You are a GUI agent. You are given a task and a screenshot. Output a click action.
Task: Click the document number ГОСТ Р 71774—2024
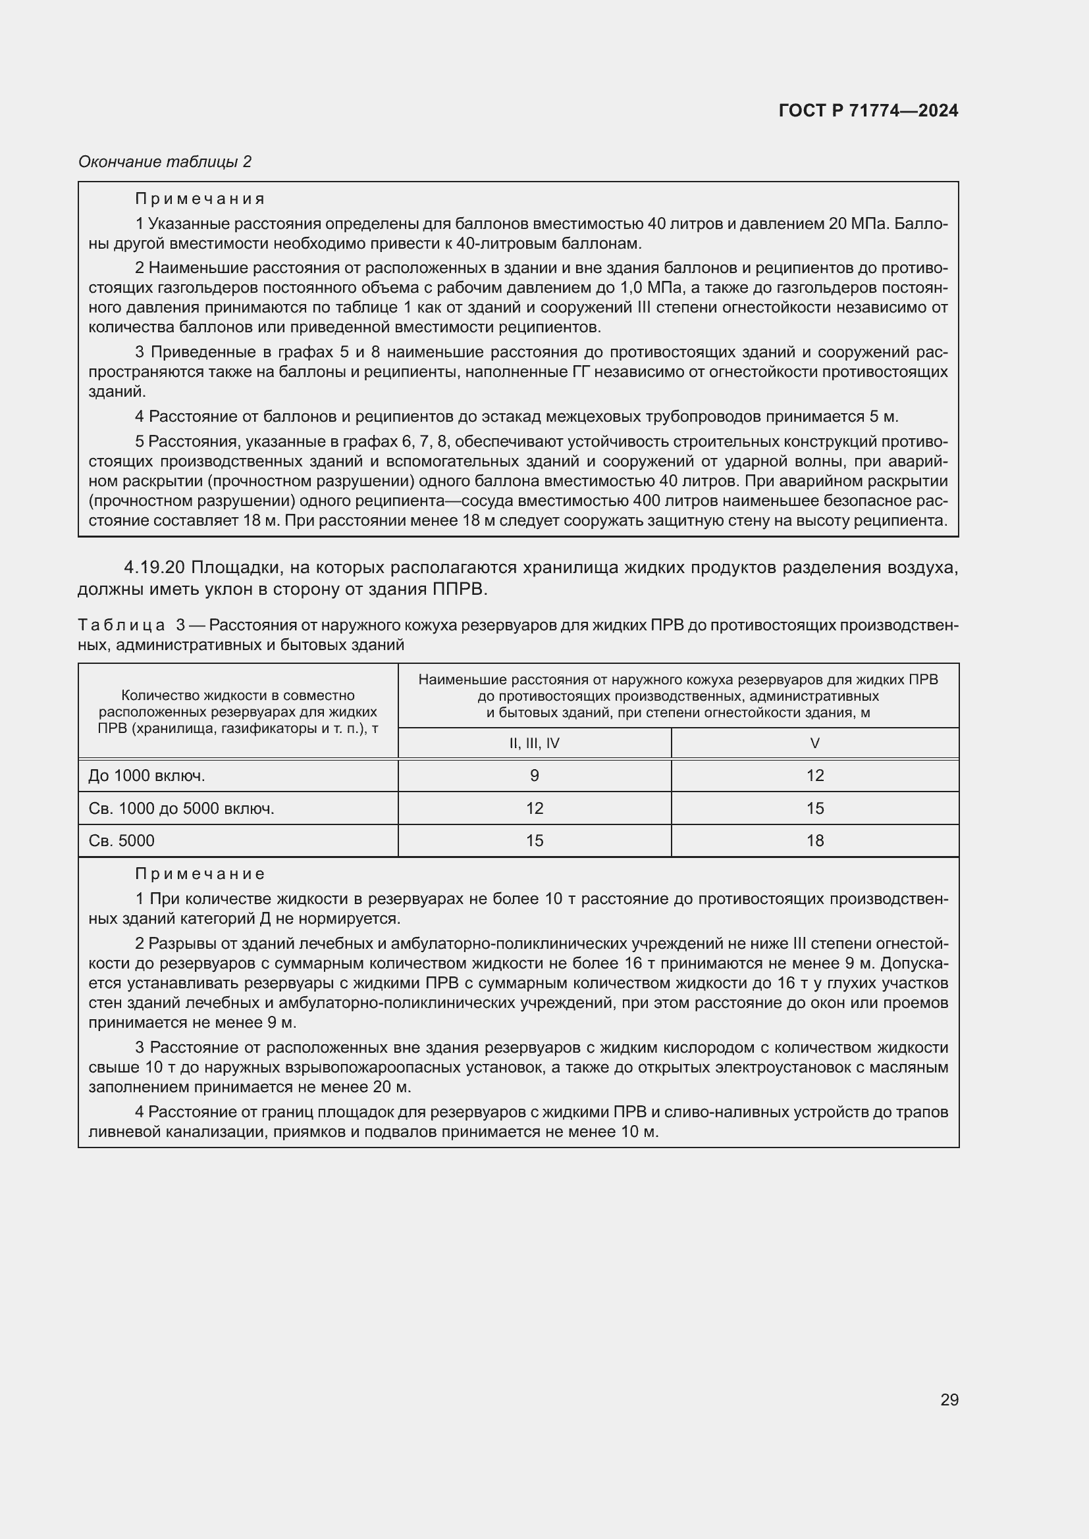pos(868,111)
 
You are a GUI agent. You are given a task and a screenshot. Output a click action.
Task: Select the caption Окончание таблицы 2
pos(165,162)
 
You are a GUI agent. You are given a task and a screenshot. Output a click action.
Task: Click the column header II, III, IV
pos(535,743)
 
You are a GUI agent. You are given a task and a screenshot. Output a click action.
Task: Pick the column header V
pos(814,743)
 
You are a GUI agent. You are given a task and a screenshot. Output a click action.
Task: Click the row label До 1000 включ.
pos(147,776)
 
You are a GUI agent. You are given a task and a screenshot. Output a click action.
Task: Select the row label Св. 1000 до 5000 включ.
pos(182,809)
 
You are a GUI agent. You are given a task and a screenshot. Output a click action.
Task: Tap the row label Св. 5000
pos(121,840)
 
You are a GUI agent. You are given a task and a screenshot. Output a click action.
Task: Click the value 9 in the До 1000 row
pos(535,776)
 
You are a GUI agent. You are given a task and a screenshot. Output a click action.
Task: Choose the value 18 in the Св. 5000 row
pos(814,840)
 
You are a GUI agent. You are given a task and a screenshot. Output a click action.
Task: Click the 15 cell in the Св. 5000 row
pos(535,840)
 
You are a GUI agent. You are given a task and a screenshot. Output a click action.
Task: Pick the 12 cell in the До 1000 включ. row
pos(814,776)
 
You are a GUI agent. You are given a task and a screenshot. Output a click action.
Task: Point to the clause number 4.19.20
pos(154,568)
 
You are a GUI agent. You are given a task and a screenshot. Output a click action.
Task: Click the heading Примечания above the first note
pos(200,199)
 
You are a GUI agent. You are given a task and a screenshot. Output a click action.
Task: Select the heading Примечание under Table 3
pos(200,874)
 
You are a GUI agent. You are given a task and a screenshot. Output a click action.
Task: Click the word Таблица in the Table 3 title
pos(121,625)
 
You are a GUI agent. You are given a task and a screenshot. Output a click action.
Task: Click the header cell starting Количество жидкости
pos(238,711)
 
